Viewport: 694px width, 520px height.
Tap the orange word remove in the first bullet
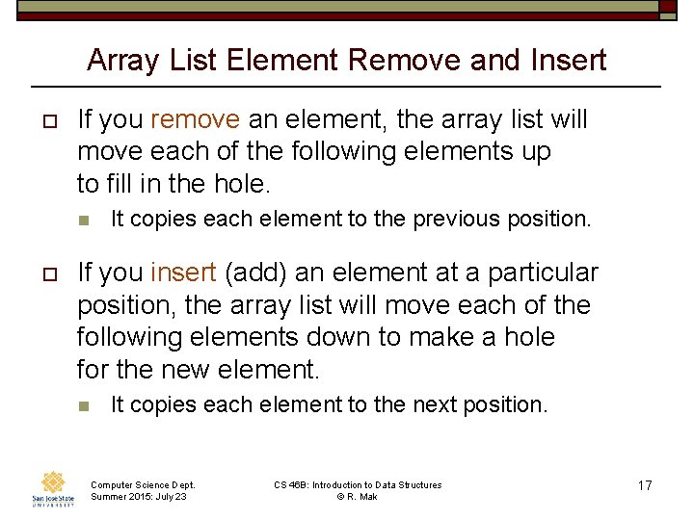pos(196,120)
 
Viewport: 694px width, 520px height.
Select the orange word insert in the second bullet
pos(184,273)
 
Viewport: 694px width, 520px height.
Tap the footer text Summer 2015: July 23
pos(139,497)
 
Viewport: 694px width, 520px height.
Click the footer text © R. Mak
pos(358,497)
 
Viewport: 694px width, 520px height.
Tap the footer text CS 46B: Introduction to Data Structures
pos(358,485)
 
